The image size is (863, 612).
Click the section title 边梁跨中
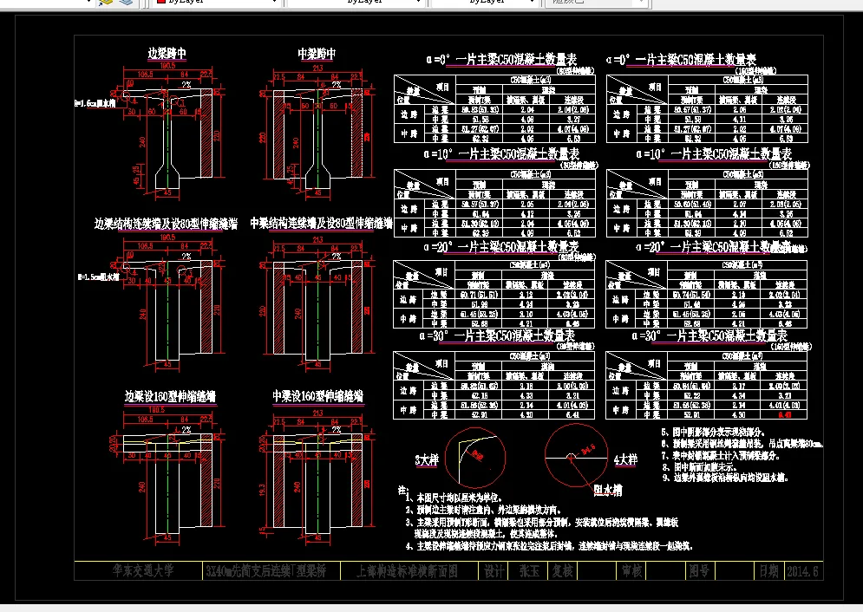(167, 54)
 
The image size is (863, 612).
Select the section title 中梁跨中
(317, 54)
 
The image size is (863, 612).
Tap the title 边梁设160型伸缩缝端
(170, 396)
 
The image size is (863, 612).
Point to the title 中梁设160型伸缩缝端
(317, 396)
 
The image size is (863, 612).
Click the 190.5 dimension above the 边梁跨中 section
(167, 66)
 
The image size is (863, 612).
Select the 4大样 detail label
(625, 457)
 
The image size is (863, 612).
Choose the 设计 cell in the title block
(494, 571)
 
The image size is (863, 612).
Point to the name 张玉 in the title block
(529, 571)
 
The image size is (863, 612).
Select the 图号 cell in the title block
(698, 571)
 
